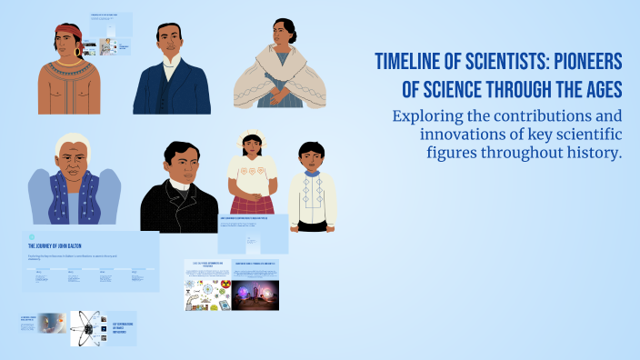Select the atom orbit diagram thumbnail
[88, 325]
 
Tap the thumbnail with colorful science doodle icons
[206, 295]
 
